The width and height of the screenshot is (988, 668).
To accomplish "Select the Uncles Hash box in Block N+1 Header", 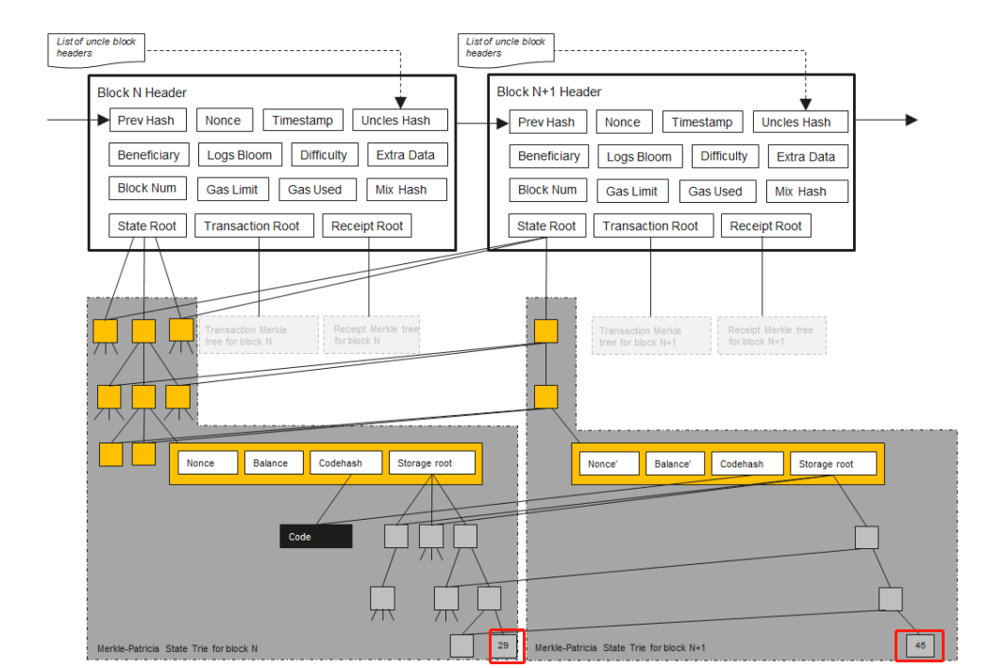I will [799, 122].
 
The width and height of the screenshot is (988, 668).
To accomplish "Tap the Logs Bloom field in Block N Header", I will [241, 155].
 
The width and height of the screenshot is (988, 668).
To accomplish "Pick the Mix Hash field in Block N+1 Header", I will [807, 191].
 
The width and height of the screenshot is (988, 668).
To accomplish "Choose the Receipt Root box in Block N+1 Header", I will [765, 226].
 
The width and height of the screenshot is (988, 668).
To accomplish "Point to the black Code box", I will [315, 537].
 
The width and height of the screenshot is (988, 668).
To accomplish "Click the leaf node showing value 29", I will [503, 645].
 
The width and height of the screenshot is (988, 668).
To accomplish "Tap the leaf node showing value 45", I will [920, 645].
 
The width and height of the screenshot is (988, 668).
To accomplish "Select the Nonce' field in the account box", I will [602, 463].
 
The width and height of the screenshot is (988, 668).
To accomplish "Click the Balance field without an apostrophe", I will [271, 463].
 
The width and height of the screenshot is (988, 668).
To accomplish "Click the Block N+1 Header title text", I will [548, 92].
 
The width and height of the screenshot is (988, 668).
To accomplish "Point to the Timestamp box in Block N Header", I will [302, 120].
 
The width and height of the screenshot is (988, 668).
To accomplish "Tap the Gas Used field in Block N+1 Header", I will [714, 191].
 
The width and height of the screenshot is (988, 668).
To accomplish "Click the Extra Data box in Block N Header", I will [406, 155].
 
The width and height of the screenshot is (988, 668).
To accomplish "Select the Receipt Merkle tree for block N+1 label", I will [771, 336].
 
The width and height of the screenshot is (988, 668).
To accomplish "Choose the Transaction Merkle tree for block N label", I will [257, 335].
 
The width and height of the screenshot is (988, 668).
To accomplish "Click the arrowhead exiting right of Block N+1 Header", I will [911, 120].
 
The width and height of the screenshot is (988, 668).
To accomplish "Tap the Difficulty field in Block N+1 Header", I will [724, 156].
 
